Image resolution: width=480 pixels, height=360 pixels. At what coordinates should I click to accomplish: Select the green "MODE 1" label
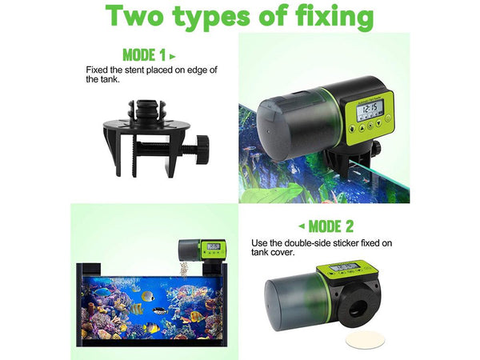[x=144, y=55]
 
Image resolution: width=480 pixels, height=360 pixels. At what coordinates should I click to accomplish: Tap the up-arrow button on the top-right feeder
[x=363, y=126]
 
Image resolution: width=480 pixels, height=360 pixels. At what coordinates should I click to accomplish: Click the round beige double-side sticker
[x=365, y=340]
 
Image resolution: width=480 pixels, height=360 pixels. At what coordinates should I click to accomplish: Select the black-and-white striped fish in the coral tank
[x=158, y=309]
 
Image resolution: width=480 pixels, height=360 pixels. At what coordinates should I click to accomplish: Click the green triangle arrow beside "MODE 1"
[x=173, y=56]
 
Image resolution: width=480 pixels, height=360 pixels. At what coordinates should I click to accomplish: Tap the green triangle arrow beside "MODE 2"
[x=302, y=226]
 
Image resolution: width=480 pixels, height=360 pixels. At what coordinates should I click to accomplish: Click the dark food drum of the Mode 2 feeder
[x=290, y=303]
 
